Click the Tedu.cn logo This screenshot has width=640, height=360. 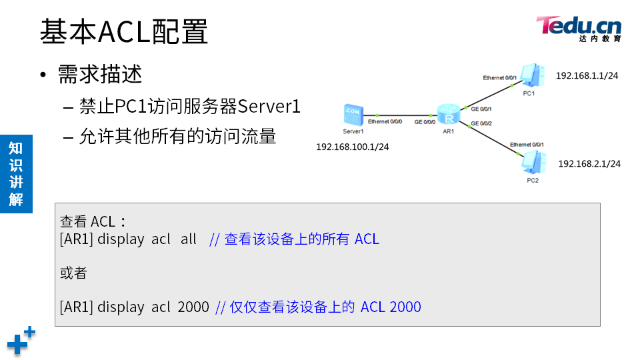(x=579, y=29)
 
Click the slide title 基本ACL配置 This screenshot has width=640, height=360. (x=124, y=31)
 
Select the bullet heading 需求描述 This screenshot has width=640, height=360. (x=100, y=73)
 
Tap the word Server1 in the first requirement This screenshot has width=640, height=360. (x=269, y=106)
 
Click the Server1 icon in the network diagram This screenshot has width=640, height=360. (x=353, y=115)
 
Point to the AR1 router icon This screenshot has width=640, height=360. (x=449, y=115)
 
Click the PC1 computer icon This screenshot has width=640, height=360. (x=530, y=76)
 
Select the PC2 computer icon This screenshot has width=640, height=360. (x=531, y=163)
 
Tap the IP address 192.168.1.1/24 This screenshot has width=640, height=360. (x=587, y=76)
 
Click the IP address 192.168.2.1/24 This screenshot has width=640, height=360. (x=589, y=163)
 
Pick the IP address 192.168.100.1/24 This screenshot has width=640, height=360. (x=352, y=147)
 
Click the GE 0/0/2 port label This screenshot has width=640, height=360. (x=481, y=123)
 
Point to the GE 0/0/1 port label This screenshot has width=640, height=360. (x=481, y=108)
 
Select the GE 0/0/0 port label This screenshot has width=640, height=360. (x=425, y=122)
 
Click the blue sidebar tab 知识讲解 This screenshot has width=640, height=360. (x=16, y=173)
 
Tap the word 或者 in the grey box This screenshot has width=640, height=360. (x=73, y=273)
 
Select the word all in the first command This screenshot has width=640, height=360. (x=188, y=239)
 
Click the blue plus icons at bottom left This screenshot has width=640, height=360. (x=20, y=341)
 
